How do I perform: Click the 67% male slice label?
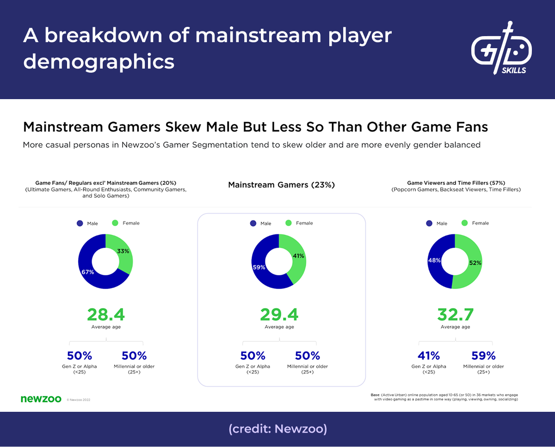(x=88, y=272)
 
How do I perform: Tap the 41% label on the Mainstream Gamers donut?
(x=297, y=256)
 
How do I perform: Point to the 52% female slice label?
(x=475, y=263)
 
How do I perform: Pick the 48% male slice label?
(x=434, y=260)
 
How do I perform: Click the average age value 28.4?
(x=106, y=315)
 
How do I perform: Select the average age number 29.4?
(x=279, y=315)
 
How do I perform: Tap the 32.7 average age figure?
(x=455, y=315)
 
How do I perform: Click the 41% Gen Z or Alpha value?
(x=429, y=356)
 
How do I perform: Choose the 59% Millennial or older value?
(x=483, y=356)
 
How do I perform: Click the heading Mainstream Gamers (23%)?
(x=281, y=185)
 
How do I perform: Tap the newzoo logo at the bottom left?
(x=41, y=399)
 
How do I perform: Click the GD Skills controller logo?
(x=501, y=48)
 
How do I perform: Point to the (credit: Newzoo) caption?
(x=277, y=429)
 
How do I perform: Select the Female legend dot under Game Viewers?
(x=465, y=223)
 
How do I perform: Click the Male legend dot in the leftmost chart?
(x=80, y=223)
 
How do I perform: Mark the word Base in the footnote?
(x=375, y=394)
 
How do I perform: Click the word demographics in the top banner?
(x=99, y=61)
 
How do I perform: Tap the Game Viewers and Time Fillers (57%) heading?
(x=456, y=183)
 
